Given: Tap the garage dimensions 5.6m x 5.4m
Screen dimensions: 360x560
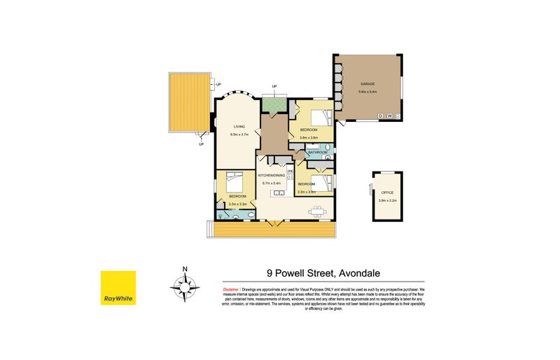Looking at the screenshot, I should pyautogui.click(x=367, y=92).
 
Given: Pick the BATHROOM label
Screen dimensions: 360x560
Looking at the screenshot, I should pyautogui.click(x=318, y=152).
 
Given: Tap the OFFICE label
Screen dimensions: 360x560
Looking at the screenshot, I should pyautogui.click(x=387, y=192).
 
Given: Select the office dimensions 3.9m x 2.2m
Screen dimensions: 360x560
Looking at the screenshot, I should pyautogui.click(x=387, y=200).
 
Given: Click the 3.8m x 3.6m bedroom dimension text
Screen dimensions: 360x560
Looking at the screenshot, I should pyautogui.click(x=308, y=138).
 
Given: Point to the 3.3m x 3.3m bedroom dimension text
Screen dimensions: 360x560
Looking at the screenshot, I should pyautogui.click(x=239, y=205).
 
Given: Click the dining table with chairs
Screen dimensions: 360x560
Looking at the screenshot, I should pyautogui.click(x=318, y=209).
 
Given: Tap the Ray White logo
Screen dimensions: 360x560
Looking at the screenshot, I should pyautogui.click(x=118, y=288).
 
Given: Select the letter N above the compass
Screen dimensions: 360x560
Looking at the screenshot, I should pyautogui.click(x=185, y=268).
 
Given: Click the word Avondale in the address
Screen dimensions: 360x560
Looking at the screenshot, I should pyautogui.click(x=361, y=274).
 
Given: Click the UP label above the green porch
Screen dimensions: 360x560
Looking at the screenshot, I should pyautogui.click(x=274, y=87).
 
